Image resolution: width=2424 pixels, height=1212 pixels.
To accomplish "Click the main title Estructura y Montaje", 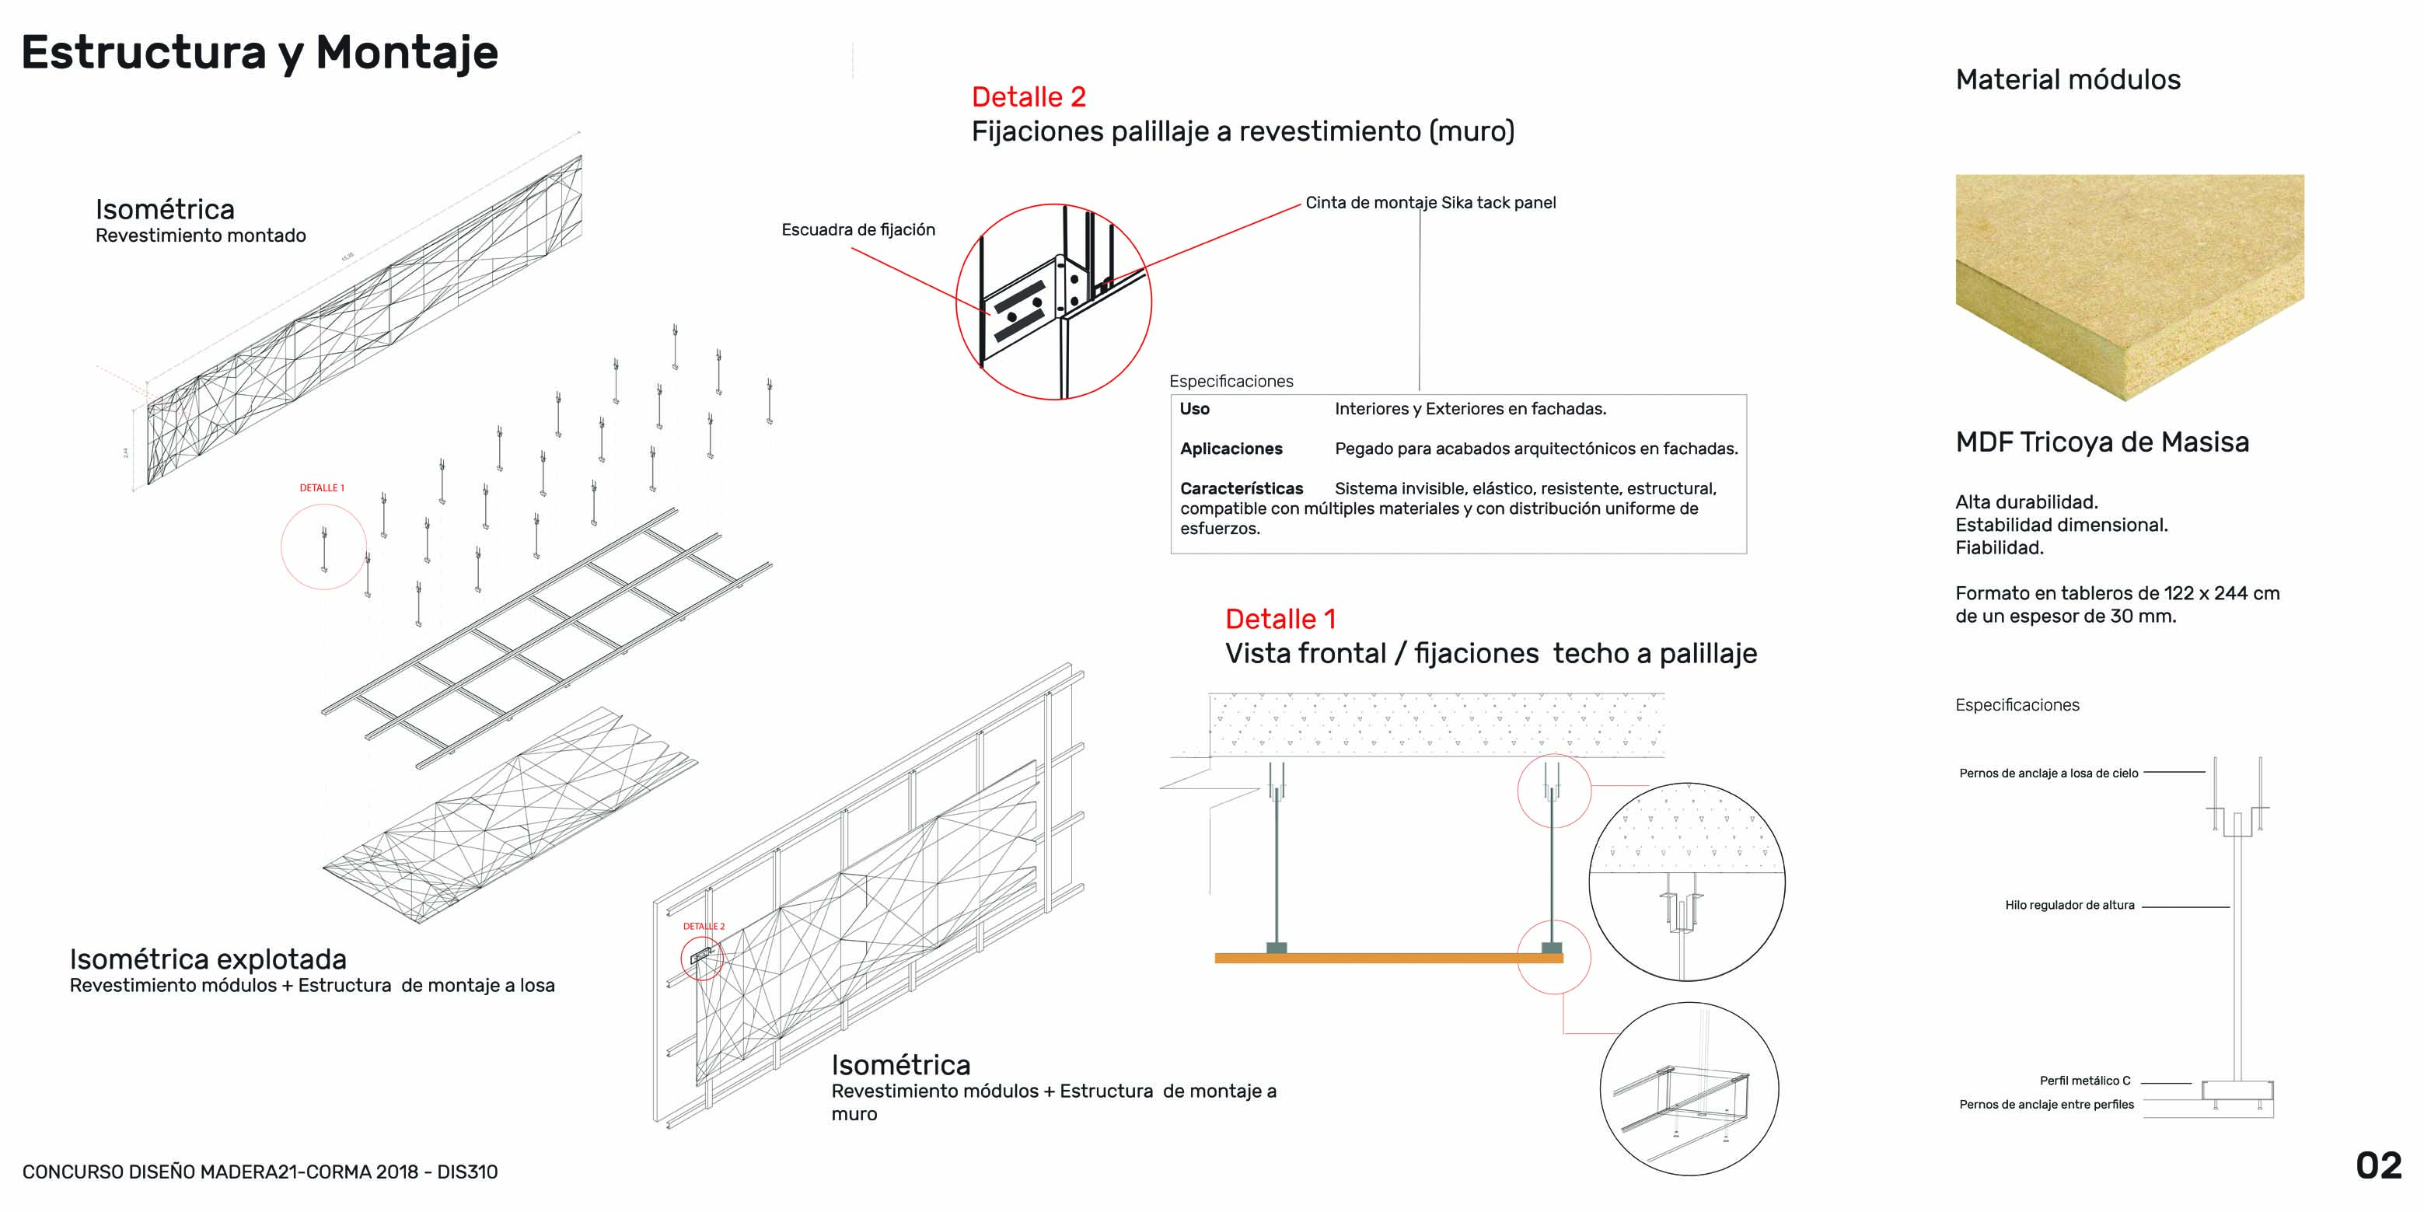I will [x=259, y=53].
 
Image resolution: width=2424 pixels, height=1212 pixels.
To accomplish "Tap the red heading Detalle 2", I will [x=1028, y=97].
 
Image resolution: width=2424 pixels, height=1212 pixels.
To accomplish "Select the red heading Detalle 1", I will [x=1280, y=619].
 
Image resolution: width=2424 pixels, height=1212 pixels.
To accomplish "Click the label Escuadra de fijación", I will [x=857, y=229].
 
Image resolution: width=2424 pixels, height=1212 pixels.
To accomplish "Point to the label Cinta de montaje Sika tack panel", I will [x=1430, y=202].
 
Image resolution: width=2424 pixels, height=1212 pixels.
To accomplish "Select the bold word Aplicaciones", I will [x=1230, y=449].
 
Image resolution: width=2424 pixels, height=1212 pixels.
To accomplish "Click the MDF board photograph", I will [x=2129, y=282].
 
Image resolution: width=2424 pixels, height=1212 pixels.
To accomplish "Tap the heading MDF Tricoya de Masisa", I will [x=2101, y=442].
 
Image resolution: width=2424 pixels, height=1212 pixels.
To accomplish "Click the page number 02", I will [x=2378, y=1166].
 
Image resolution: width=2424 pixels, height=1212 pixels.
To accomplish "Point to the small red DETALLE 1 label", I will [x=322, y=487].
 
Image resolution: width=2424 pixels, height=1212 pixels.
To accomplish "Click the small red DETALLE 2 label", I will [x=703, y=926].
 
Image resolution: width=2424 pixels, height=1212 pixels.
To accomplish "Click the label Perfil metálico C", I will [x=2084, y=1081].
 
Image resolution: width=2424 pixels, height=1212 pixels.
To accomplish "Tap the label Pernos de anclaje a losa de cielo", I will [x=2048, y=774].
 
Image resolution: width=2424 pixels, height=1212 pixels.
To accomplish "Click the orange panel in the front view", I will [x=1388, y=958].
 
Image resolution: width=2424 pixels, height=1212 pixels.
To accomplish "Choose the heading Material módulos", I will [x=2067, y=80].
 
